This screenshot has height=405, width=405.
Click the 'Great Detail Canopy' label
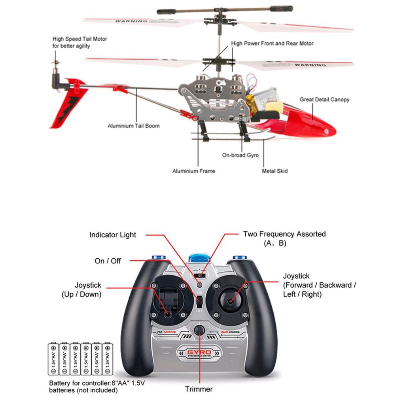point(324,100)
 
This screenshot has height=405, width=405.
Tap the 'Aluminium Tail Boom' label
point(134,126)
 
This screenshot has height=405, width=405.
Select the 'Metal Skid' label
point(274,171)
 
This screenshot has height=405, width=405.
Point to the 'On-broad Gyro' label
point(240,155)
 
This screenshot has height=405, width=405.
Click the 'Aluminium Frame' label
point(193,171)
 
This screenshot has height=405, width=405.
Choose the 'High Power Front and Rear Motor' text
point(272,44)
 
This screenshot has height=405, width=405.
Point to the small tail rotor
point(55,63)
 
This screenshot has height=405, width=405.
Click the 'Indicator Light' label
point(112,235)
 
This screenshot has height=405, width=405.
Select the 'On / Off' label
point(108,261)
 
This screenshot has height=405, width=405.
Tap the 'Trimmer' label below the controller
point(199,389)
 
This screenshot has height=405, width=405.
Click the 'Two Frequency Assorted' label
point(284,234)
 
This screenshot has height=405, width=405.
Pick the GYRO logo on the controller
point(199,353)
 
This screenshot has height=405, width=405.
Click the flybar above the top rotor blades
point(225,9)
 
